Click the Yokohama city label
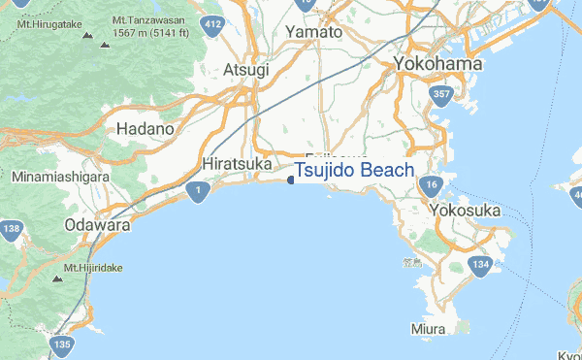tap(438, 64)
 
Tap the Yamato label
tap(313, 32)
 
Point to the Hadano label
tap(145, 128)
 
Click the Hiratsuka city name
tap(238, 164)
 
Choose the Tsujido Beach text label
tap(354, 171)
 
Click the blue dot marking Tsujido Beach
tap(291, 179)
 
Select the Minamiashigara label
tap(57, 179)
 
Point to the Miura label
tap(428, 330)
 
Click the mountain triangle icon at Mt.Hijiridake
tap(55, 278)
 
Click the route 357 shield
tap(439, 94)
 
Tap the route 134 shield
tap(479, 265)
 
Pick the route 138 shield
tap(12, 230)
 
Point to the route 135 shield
tap(63, 344)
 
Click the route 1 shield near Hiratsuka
tap(198, 192)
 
